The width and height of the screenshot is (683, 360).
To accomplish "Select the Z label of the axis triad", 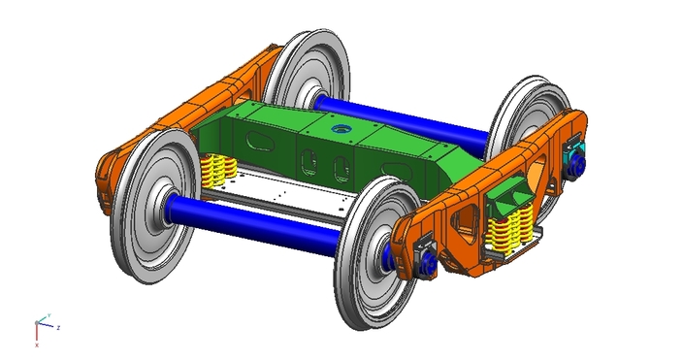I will tap(59, 328).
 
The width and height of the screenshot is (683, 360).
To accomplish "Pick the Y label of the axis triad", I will tap(49, 314).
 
